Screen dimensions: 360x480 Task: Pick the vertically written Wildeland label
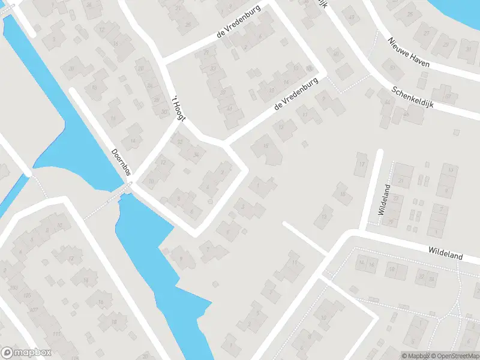(385, 199)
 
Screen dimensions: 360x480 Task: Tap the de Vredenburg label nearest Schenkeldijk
(295, 97)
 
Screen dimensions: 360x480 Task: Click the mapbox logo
(26, 353)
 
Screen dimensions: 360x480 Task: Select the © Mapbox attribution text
(415, 356)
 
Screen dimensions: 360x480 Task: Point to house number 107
(33, 310)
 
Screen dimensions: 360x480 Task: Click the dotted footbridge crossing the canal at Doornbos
(108, 201)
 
